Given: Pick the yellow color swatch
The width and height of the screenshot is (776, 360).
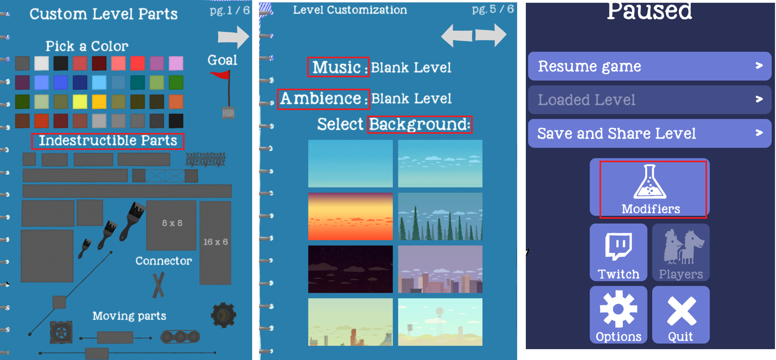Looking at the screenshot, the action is click(80, 102).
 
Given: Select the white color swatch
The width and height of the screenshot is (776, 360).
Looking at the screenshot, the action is click(41, 63).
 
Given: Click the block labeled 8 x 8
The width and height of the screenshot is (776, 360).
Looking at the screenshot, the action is click(171, 225).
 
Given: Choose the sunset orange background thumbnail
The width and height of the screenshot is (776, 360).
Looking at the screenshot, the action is click(350, 216).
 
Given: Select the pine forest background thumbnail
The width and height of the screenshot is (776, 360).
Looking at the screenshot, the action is click(440, 216).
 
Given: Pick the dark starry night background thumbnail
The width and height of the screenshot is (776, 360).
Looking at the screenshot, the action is click(350, 269).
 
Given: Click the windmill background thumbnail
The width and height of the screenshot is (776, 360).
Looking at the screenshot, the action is click(440, 322).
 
